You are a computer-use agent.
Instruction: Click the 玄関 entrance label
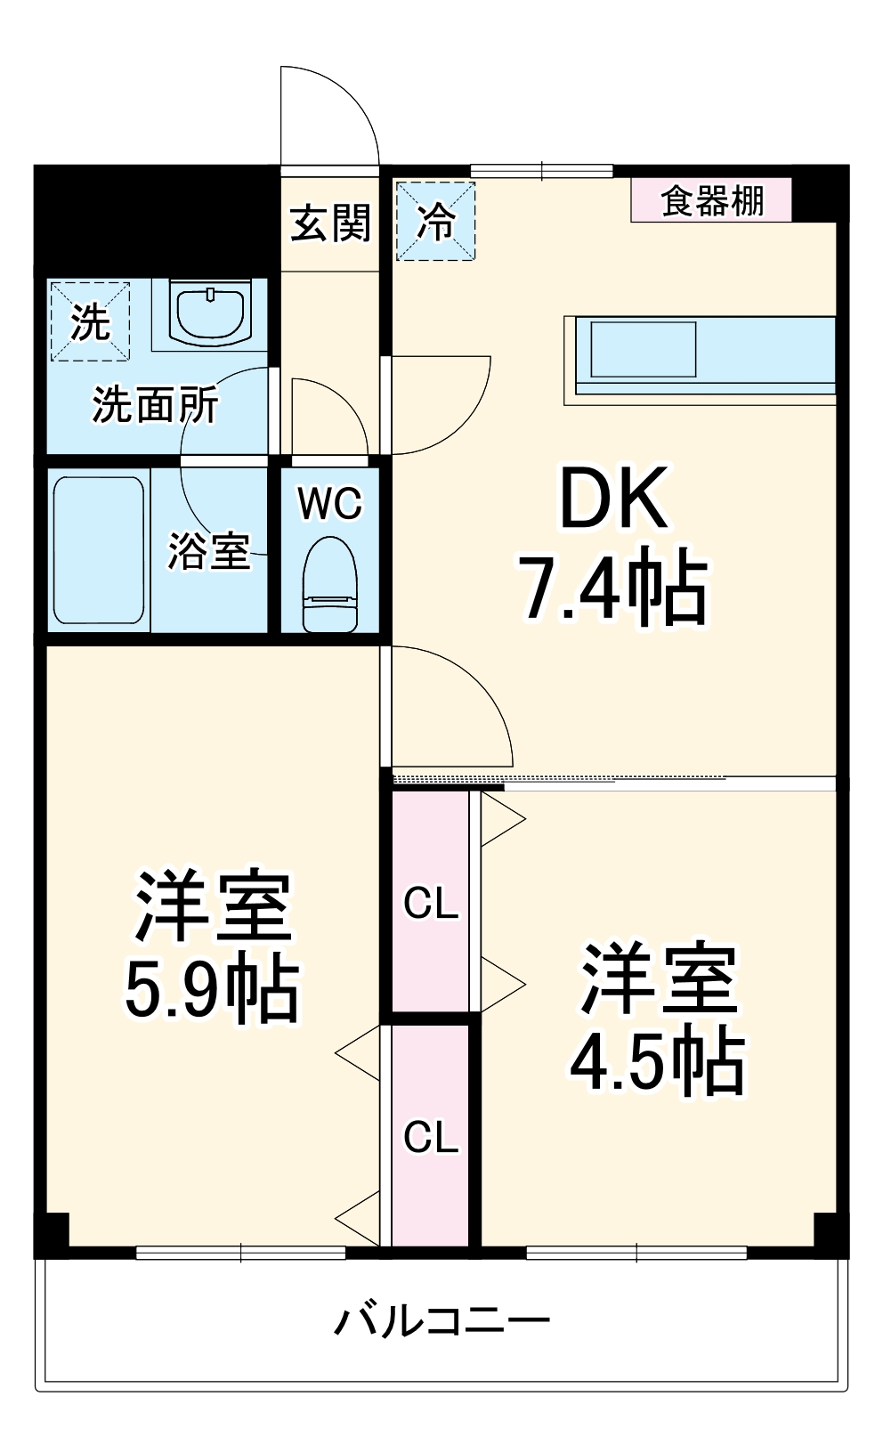(330, 223)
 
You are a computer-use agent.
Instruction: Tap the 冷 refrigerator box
(436, 222)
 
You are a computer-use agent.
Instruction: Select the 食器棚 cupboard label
(711, 201)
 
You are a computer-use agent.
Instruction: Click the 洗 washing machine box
(90, 321)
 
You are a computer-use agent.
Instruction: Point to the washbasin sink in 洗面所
(210, 313)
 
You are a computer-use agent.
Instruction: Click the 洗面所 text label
(155, 406)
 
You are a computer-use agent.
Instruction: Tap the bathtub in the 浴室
(98, 550)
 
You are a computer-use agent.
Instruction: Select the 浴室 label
(210, 551)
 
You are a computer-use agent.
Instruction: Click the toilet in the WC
(330, 585)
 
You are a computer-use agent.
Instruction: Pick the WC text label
(330, 504)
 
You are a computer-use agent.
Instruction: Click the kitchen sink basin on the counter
(644, 349)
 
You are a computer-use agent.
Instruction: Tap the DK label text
(613, 499)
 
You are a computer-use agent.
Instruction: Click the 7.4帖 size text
(613, 589)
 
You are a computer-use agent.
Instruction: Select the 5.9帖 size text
(212, 988)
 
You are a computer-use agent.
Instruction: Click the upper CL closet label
(431, 904)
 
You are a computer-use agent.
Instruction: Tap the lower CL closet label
(431, 1137)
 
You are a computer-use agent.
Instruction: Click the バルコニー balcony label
(442, 1320)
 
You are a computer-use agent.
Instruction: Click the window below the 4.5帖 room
(636, 1253)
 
